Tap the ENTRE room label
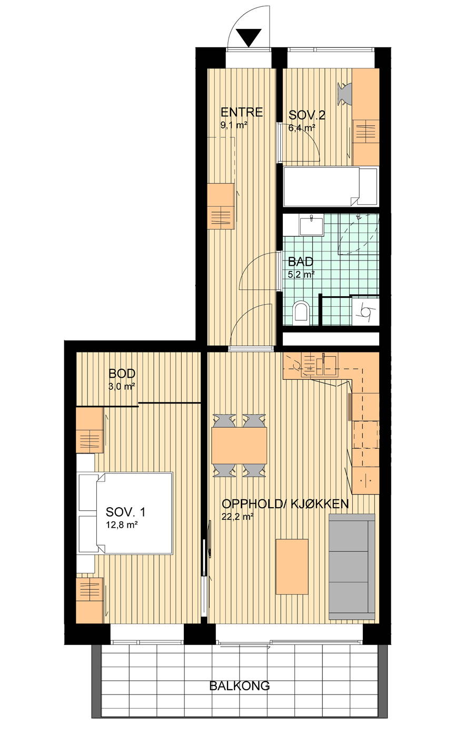coord(242,113)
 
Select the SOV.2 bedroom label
coord(307,115)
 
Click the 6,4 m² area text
coord(302,128)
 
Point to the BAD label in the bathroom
coord(301,261)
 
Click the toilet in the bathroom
coord(302,313)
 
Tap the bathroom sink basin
coord(311,226)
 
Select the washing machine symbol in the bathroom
coord(366,312)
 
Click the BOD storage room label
coord(122,374)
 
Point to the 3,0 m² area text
coord(122,387)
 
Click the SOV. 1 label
coord(125,512)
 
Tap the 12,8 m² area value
coord(122,525)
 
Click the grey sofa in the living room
coord(352,567)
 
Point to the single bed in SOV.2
coord(330,187)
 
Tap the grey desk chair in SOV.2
coord(345,93)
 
